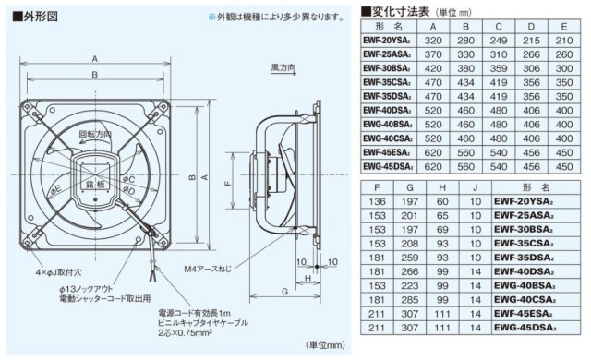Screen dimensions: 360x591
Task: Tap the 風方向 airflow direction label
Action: coord(284,69)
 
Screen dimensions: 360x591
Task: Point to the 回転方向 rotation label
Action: coord(94,135)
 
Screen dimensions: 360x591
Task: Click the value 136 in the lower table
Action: coord(376,200)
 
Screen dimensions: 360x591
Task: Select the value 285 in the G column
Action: coord(410,299)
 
